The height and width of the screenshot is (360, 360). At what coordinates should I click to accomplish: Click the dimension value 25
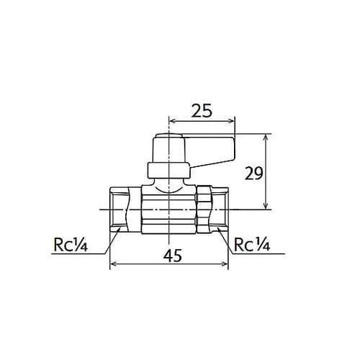[x=202, y=112]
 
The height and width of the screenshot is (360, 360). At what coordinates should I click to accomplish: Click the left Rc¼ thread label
[x=70, y=244]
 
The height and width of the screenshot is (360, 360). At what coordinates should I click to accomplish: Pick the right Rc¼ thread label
[x=251, y=244]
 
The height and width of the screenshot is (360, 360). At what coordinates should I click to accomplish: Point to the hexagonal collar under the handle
[x=169, y=171]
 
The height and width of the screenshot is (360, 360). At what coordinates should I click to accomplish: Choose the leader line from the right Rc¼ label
[x=225, y=241]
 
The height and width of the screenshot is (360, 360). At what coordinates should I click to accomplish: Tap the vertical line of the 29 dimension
[x=268, y=173]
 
